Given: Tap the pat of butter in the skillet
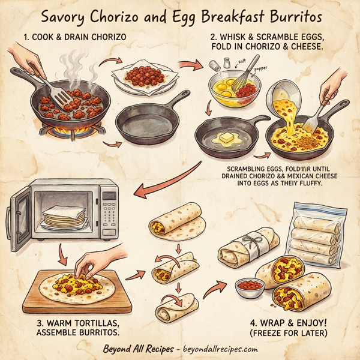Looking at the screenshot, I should pyautogui.click(x=226, y=138).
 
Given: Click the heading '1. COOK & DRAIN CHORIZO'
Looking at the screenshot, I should pyautogui.click(x=75, y=38).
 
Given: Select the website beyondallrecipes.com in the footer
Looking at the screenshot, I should pyautogui.click(x=218, y=349).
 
